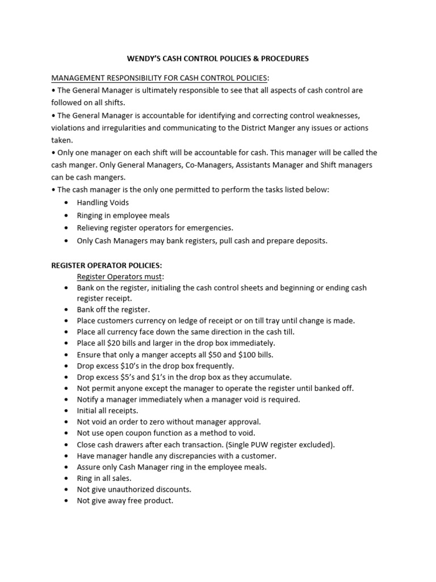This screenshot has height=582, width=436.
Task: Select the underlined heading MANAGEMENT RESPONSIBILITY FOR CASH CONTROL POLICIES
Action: pos(160,77)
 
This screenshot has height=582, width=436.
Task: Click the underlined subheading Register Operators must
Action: pos(120,276)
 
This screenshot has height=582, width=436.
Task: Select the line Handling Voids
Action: pos(103,202)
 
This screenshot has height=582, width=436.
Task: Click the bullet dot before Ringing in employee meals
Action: pos(67,215)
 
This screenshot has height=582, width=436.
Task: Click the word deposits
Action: pos(311,240)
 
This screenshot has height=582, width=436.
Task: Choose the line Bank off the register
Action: pos(113,310)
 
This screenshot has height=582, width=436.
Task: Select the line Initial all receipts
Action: pos(107,410)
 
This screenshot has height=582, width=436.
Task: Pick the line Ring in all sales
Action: pos(104,478)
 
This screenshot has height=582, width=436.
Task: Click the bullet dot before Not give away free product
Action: pos(67,501)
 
